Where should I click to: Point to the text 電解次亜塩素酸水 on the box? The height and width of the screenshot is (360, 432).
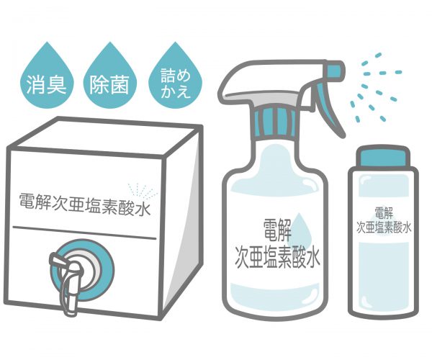[x=85, y=205]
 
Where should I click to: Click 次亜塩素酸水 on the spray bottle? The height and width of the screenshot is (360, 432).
[x=277, y=258]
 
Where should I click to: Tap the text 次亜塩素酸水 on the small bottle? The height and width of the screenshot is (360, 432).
[x=384, y=228]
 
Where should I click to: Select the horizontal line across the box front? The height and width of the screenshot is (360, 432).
[x=84, y=233]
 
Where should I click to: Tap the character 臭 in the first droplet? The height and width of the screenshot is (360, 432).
[x=57, y=84]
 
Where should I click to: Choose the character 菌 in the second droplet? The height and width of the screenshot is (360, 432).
[x=120, y=84]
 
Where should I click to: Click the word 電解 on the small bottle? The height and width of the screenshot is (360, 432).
[x=384, y=213]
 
